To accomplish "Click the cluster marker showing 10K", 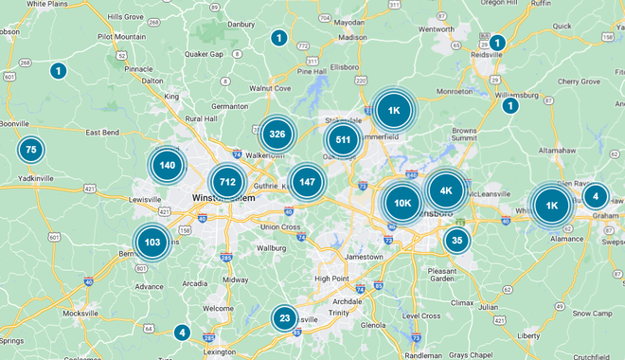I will pos(402,202).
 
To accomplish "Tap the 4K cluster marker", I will pos(446,190).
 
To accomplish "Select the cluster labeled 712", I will pos(227,182).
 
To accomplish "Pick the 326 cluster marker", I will pos(277,135).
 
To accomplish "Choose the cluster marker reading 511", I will pos(343,140).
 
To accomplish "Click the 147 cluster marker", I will pos(307,181).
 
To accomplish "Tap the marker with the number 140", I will pos(168,166).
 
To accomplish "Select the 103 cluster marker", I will pos(152,243).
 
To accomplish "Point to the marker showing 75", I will pos(31,150).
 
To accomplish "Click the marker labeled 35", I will pos(457,240).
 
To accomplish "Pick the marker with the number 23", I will pos(284,318).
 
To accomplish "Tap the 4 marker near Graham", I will pos(595,197).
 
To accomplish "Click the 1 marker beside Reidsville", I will pos(497,43).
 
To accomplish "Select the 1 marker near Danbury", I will pos(278,38).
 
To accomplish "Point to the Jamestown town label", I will pos(364,257).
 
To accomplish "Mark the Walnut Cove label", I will pos(269,88).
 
